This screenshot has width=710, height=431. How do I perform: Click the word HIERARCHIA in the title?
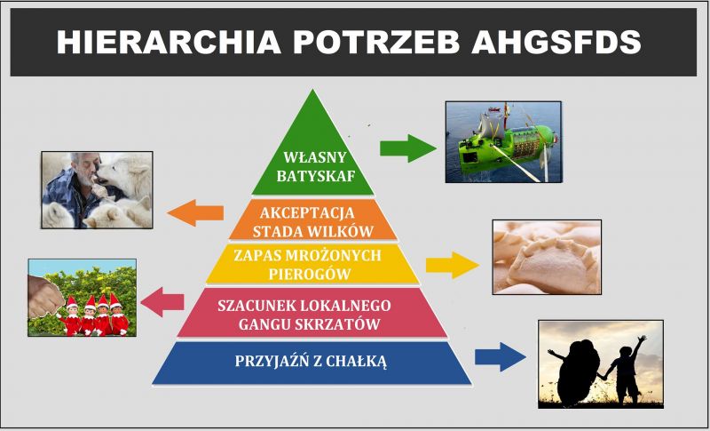[169, 42]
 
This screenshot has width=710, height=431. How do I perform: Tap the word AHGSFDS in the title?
[556, 42]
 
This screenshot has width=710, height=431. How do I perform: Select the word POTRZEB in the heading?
[376, 42]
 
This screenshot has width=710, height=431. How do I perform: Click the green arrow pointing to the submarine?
[408, 148]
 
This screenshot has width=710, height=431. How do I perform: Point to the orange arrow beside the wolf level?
[195, 212]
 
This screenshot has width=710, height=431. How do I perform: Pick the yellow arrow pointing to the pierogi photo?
[453, 265]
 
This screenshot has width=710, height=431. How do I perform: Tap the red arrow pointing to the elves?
[162, 302]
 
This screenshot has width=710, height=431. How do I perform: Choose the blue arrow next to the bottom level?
[501, 356]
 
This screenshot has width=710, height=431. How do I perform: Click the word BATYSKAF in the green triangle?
[316, 176]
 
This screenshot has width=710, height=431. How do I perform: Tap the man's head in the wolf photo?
[85, 167]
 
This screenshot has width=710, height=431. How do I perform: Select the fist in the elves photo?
[44, 296]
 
